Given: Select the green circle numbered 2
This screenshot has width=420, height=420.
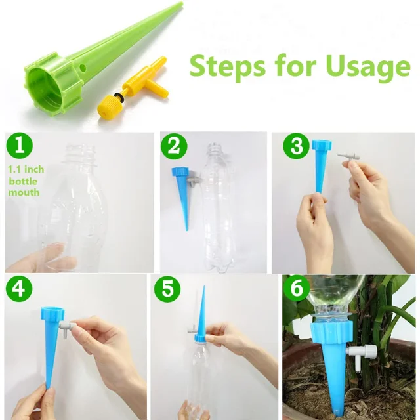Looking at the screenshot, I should click(173, 146).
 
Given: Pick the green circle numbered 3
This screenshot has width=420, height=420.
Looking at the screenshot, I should click(296, 146).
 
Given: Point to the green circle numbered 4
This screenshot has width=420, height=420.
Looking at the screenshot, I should click(18, 289).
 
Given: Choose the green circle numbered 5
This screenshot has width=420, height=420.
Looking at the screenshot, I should click(168, 289).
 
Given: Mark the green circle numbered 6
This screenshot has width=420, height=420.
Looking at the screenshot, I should click(296, 289).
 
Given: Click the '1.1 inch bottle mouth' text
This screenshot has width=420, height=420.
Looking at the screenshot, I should click(26, 180).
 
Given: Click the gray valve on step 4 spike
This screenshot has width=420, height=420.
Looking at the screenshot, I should click(66, 326).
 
